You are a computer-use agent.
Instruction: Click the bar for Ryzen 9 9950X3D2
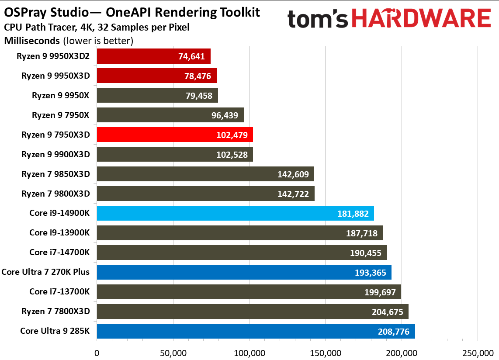(x=153, y=56)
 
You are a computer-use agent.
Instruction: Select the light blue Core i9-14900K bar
(x=235, y=214)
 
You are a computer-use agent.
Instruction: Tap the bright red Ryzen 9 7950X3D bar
(x=175, y=135)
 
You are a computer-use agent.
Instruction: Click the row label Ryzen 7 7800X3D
(x=55, y=311)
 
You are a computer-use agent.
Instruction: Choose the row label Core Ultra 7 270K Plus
(x=45, y=272)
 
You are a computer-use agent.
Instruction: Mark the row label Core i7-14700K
(x=59, y=252)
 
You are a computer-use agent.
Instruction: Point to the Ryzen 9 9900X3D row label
(x=55, y=154)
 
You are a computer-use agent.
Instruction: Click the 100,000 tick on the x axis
(x=249, y=353)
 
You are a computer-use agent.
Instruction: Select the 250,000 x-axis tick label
(x=477, y=353)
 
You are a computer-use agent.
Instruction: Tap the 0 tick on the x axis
(x=97, y=353)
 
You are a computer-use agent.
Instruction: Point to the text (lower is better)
(x=98, y=41)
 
